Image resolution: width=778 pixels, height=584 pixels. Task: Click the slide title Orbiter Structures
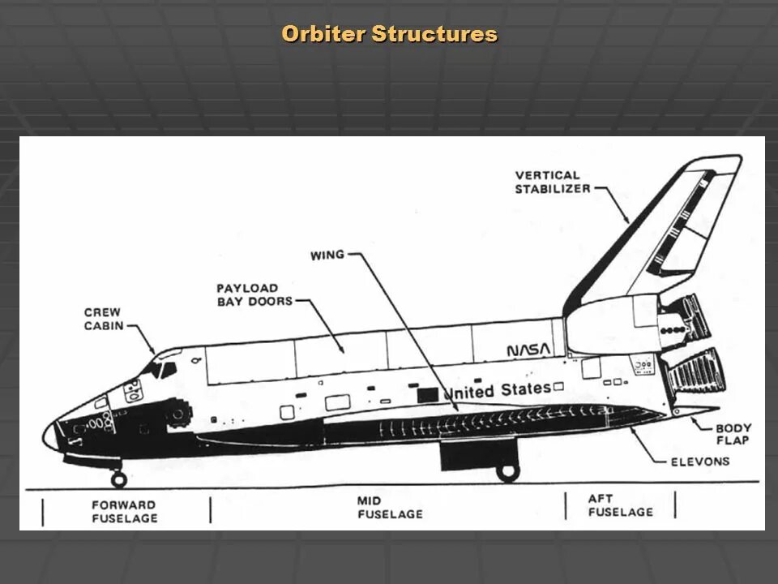point(389,35)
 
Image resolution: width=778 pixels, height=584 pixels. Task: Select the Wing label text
point(327,255)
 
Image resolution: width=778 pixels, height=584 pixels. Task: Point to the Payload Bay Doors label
point(247,294)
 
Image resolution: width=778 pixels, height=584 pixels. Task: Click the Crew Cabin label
point(103,319)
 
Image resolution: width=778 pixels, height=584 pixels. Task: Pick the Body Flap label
point(733,434)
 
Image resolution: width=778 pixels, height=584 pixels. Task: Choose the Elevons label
point(700,462)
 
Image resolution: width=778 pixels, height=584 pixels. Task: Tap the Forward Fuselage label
point(124,511)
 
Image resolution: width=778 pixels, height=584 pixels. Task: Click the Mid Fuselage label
point(390,508)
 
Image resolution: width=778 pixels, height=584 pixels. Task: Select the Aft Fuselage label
point(620,505)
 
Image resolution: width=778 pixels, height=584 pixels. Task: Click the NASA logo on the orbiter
point(528,350)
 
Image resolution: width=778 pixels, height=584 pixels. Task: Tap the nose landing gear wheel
point(119,479)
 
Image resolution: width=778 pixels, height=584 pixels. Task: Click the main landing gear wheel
point(508,471)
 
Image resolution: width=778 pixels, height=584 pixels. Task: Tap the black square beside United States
point(428,395)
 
